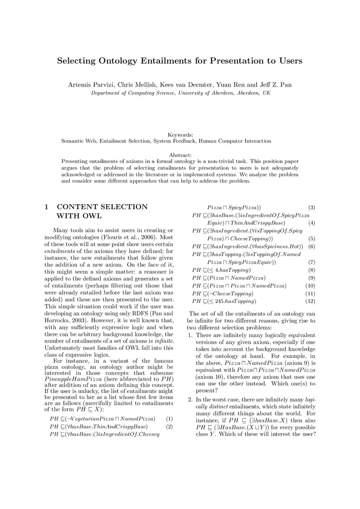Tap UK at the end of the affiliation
[267, 93]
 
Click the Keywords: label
[180, 134]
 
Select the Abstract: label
[180, 155]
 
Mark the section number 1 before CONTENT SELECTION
[46, 207]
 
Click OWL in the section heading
[93, 216]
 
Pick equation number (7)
[312, 262]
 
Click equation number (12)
[312, 301]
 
